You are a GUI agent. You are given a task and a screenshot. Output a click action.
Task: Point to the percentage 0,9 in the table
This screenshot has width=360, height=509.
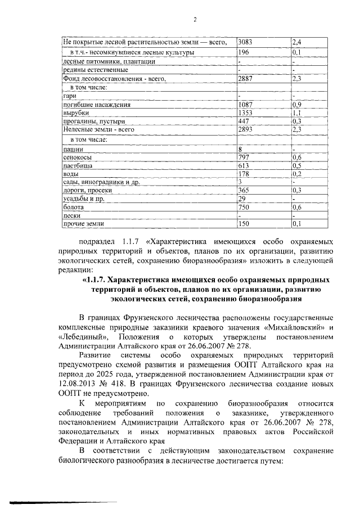pos(296,105)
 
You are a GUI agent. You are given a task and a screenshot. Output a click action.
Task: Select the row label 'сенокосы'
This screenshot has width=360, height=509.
pos(78,158)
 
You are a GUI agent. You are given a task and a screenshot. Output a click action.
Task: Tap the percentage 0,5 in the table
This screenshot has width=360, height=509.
pos(296,166)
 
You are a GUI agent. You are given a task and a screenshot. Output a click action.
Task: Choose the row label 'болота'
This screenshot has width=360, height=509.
pos(74,207)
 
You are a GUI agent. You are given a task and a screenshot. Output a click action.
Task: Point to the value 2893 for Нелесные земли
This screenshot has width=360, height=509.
pos(246,129)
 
